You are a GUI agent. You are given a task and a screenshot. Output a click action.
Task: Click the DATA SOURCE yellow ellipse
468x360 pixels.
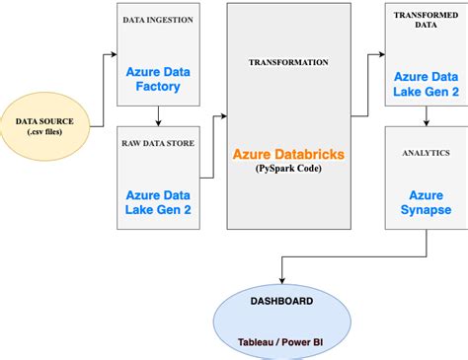click(x=50, y=127)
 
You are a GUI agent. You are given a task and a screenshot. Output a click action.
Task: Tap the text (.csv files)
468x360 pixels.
click(x=50, y=134)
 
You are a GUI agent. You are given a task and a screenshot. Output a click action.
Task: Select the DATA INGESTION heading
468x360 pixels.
click(x=158, y=19)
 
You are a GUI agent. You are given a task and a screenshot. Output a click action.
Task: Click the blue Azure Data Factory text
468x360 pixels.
click(x=158, y=81)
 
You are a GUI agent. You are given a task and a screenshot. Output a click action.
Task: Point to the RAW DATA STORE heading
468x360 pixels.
click(x=158, y=143)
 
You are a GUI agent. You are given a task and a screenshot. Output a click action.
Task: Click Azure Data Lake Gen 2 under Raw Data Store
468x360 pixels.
click(x=158, y=204)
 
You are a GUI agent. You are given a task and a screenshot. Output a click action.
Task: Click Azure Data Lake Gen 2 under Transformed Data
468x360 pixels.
click(x=426, y=85)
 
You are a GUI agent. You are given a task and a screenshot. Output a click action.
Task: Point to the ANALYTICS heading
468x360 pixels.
click(x=426, y=153)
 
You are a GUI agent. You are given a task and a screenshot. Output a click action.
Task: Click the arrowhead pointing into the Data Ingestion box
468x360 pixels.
click(x=113, y=54)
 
